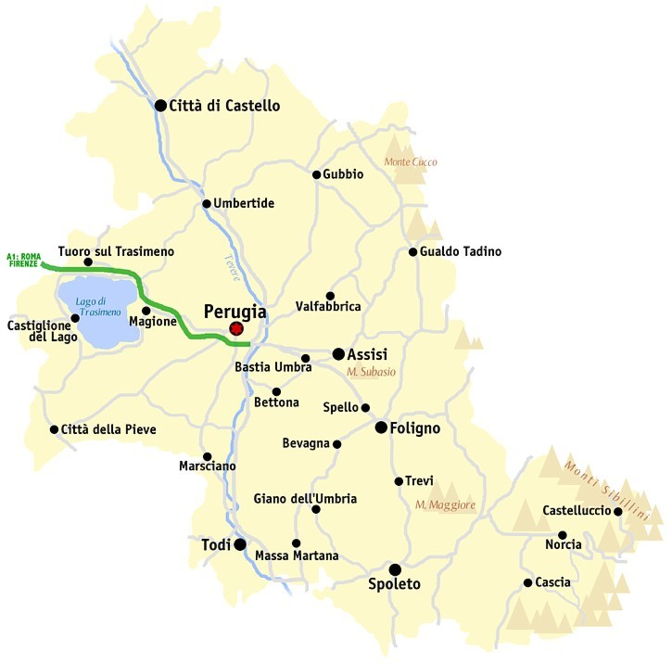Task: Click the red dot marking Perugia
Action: [236, 328]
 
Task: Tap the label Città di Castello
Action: [223, 106]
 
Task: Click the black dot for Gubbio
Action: [316, 174]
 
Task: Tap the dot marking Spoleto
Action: [395, 569]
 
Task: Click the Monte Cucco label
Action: [411, 161]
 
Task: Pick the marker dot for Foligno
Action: [381, 428]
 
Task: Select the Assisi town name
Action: [367, 353]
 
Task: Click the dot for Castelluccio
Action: [618, 511]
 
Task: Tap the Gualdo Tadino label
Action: [461, 251]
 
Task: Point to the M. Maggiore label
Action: [445, 505]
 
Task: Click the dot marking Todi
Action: [239, 544]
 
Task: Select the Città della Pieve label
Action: [108, 429]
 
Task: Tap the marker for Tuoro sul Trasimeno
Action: [88, 262]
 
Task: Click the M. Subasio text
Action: [371, 372]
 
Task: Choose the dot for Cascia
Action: [527, 583]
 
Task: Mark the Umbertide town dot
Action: [206, 204]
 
